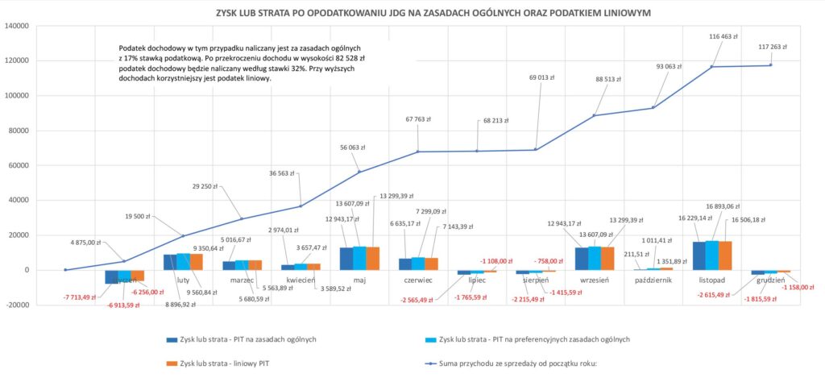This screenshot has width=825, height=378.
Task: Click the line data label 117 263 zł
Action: coord(773,48)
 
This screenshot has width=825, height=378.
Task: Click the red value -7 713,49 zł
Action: coord(81,297)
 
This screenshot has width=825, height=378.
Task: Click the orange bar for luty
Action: coord(196,262)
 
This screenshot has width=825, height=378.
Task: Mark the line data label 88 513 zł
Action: coord(611,80)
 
